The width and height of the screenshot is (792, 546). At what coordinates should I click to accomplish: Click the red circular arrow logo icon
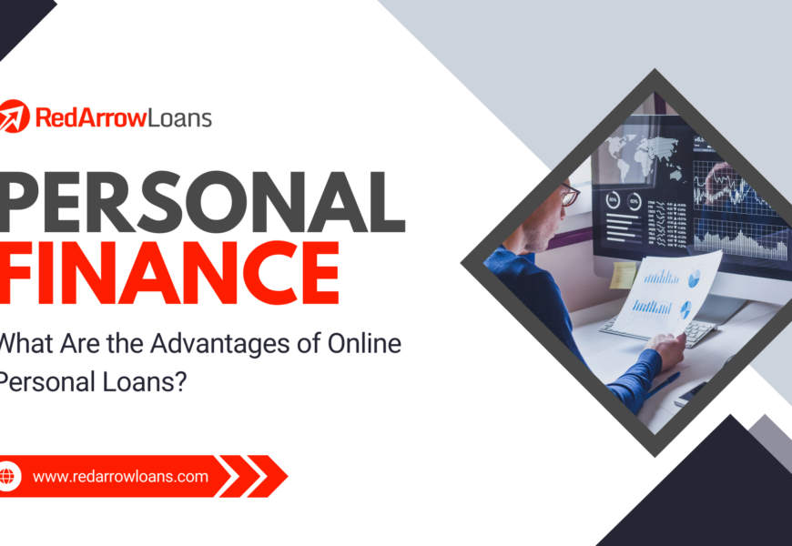point(13,116)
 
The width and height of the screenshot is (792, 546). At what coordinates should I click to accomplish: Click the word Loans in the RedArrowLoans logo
point(179,118)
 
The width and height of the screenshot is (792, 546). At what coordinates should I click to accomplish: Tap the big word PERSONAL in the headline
point(202,202)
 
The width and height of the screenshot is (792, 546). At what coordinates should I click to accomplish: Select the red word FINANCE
point(169,273)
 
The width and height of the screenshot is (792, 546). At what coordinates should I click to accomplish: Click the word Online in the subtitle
point(365,343)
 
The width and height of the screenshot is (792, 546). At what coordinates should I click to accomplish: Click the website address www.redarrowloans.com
point(120,476)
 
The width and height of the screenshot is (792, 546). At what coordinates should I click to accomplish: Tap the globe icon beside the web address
point(7,476)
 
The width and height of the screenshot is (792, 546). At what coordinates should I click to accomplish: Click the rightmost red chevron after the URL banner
point(268,476)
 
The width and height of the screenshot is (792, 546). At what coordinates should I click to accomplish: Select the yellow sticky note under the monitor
point(623,275)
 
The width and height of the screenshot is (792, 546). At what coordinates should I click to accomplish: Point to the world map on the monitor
point(643,153)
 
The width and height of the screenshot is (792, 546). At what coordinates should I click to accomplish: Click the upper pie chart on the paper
point(695,278)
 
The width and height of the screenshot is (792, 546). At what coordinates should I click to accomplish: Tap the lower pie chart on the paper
point(685,309)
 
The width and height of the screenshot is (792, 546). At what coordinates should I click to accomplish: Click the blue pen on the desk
point(662,383)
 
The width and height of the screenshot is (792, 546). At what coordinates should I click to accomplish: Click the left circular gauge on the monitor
point(614,200)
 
